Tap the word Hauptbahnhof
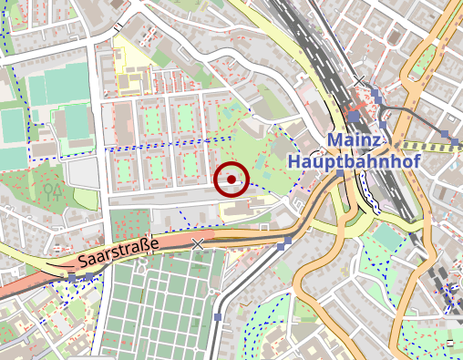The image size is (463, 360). (343, 159)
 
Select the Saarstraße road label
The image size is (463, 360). (118, 253)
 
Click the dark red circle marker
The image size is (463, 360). (231, 179)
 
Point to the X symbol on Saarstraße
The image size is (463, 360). (199, 243)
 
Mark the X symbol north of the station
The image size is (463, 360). (361, 82)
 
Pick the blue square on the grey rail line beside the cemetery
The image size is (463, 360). (218, 317)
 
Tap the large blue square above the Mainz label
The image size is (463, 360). (354, 116)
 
